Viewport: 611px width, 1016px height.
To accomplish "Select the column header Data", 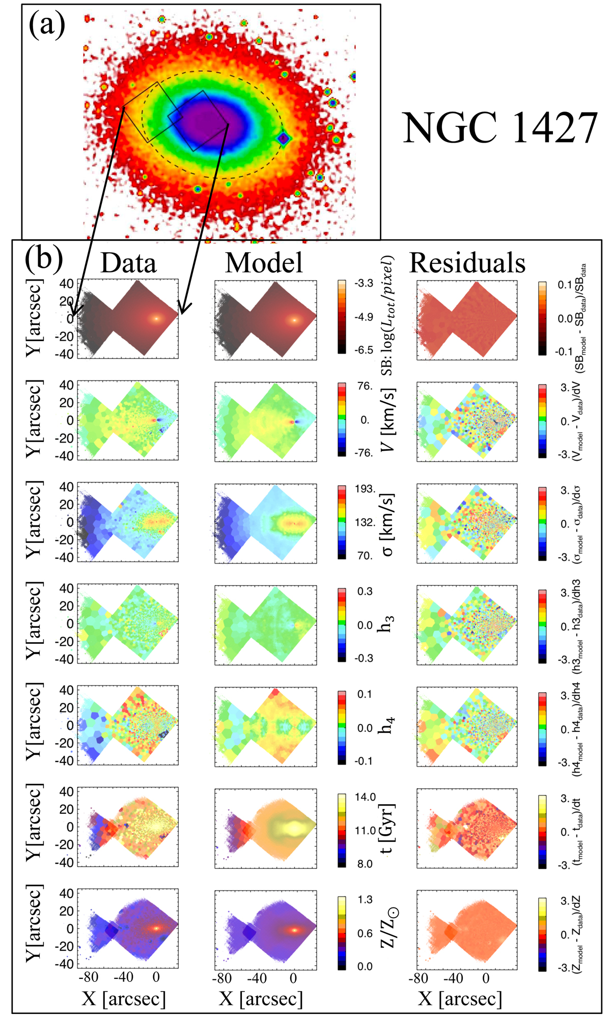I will click(x=128, y=263).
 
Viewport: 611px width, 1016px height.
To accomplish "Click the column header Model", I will click(x=264, y=263).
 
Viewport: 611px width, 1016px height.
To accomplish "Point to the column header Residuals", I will click(x=467, y=263).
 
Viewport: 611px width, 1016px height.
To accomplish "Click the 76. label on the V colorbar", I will click(x=365, y=386).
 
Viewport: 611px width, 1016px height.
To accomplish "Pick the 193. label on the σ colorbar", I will click(x=365, y=489).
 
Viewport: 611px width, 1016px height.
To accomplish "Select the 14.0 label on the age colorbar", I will click(x=365, y=797).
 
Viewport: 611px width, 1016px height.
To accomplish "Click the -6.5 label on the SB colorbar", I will click(x=364, y=350).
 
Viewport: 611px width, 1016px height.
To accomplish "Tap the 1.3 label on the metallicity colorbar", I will click(x=365, y=899).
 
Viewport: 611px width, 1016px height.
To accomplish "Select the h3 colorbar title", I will click(x=387, y=624).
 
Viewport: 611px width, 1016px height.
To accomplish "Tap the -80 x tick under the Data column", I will click(x=87, y=977).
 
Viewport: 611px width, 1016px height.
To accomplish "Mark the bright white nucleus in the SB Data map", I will click(x=156, y=319).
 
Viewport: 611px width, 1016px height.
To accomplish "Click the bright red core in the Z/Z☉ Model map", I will click(x=294, y=929).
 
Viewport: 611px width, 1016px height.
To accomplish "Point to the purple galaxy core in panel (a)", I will click(x=204, y=122).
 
